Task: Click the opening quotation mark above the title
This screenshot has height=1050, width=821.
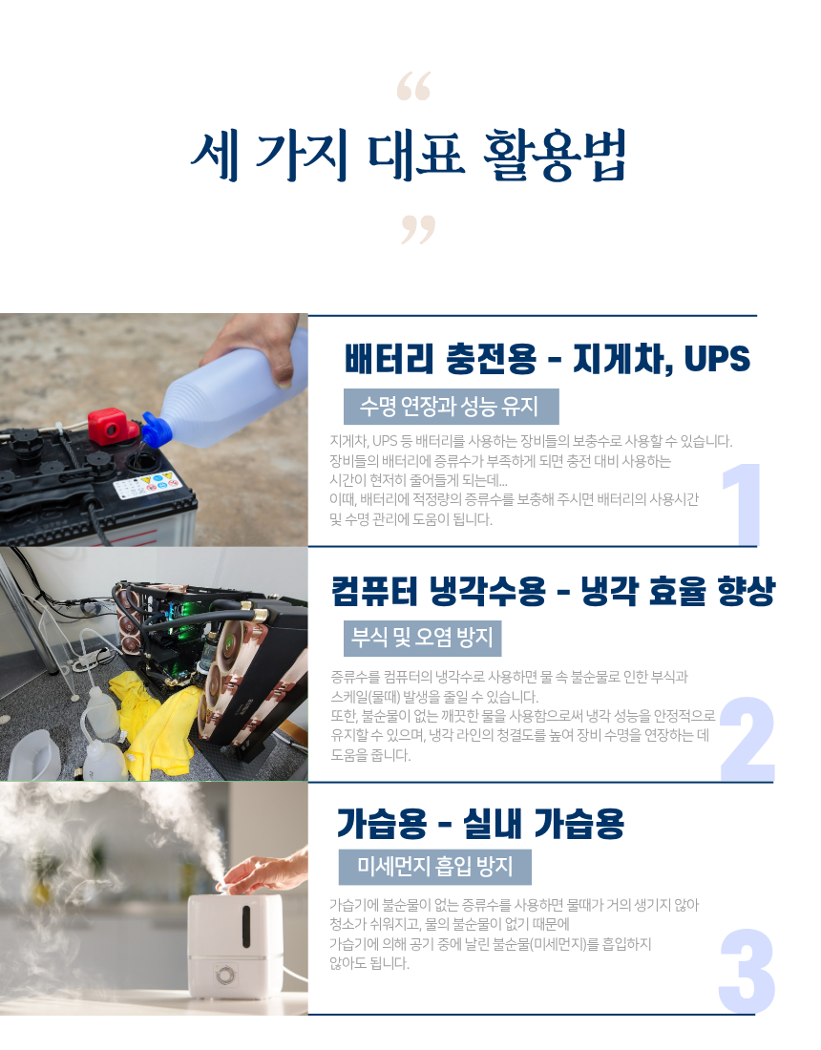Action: coord(413,86)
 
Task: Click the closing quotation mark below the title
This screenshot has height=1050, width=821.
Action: coord(418,230)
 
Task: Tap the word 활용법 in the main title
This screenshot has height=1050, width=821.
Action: coord(555,156)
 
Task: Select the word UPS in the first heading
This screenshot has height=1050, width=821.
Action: coord(717,359)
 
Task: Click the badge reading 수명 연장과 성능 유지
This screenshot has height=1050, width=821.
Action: coord(452,407)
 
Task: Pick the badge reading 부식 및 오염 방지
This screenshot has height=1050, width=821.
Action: coord(423,639)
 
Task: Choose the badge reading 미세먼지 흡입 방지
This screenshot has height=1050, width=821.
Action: coord(435,867)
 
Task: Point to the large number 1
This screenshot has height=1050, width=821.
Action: coord(742,504)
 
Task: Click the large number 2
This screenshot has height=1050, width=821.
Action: coord(747,739)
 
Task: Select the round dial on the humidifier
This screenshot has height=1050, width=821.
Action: coord(225,975)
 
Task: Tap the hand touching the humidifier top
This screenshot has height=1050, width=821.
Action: coord(262,871)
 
